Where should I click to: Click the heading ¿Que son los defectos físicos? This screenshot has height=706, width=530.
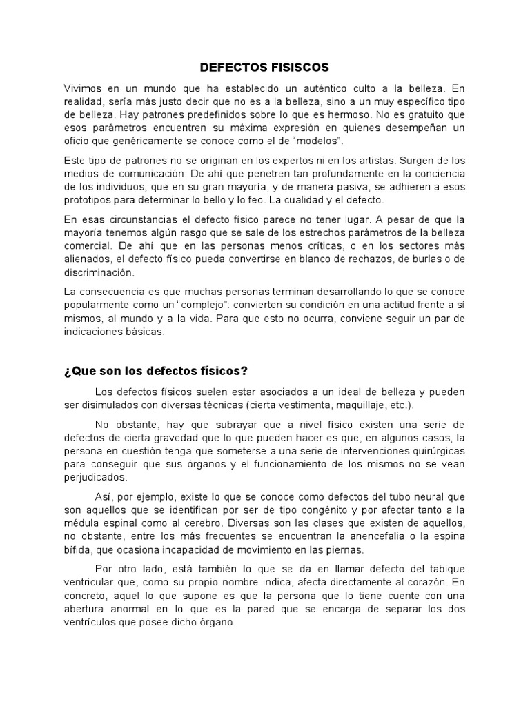pyautogui.click(x=155, y=371)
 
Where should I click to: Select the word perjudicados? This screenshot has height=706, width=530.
pyautogui.click(x=95, y=477)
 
